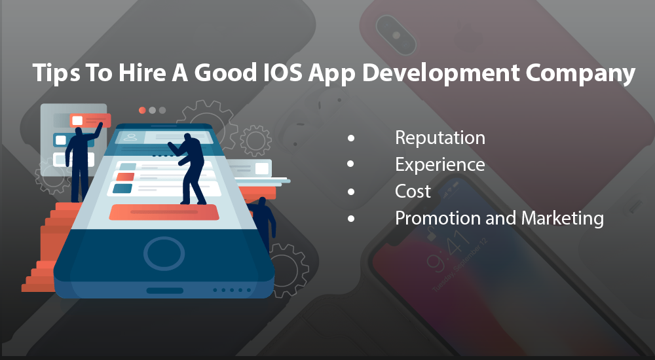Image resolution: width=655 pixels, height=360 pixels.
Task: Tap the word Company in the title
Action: [580, 73]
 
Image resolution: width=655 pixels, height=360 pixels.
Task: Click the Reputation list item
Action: [440, 138]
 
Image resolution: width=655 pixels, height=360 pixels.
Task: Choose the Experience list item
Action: [440, 165]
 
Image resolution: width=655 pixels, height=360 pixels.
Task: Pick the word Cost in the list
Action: [413, 191]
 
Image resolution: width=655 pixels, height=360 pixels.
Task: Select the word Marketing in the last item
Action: [562, 219]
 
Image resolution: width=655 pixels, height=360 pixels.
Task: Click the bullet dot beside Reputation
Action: [351, 138]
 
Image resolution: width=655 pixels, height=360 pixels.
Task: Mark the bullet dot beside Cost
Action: [351, 192]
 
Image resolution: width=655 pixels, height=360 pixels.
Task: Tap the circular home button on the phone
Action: [164, 253]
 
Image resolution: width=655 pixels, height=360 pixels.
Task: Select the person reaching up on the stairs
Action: [82, 162]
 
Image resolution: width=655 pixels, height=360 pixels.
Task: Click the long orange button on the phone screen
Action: [164, 212]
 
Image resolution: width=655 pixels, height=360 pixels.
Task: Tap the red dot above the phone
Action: [142, 110]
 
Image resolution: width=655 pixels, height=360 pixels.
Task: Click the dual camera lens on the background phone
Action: [396, 34]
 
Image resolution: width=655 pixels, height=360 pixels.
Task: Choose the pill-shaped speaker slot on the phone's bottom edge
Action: [164, 290]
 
